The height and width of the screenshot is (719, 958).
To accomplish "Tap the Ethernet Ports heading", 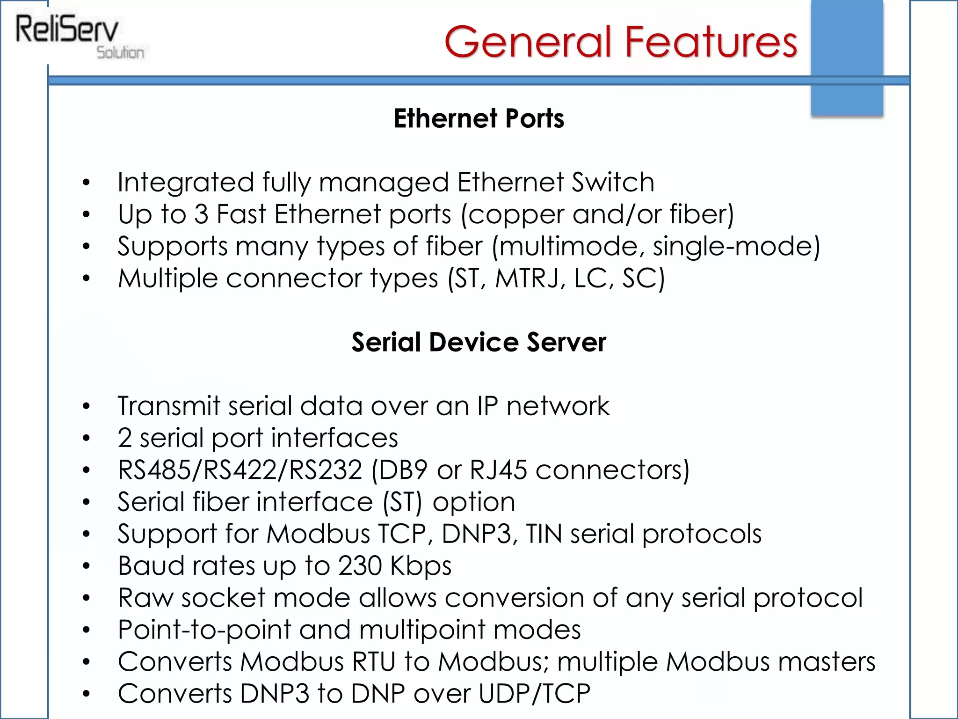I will [x=479, y=118].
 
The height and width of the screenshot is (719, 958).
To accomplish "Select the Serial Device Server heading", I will [x=479, y=342].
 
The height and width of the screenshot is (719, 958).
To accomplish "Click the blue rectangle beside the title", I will [x=847, y=56].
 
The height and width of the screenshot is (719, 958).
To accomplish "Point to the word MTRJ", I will [x=527, y=279].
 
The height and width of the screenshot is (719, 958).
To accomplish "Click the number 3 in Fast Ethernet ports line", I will [x=201, y=214].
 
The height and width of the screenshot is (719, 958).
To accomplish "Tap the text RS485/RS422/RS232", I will [x=240, y=470].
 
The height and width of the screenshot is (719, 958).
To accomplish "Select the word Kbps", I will [x=421, y=566].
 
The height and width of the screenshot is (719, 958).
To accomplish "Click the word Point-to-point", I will [x=204, y=630].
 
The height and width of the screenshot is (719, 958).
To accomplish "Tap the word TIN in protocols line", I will [x=544, y=534].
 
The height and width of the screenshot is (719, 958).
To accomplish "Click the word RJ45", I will [x=498, y=470].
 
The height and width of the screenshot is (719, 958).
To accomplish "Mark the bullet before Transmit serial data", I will [x=86, y=406].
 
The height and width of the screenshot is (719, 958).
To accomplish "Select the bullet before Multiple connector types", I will [x=86, y=279].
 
